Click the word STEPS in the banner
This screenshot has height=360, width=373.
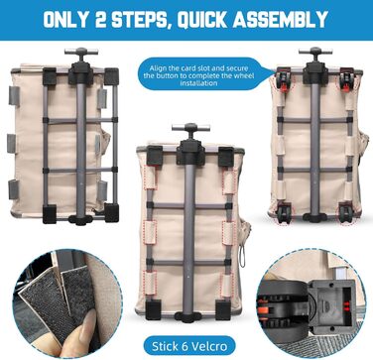tap(142, 20)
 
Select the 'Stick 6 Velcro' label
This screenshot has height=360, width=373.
tap(189, 346)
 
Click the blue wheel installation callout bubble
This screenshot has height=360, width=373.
tap(202, 74)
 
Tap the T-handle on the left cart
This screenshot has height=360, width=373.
tap(81, 53)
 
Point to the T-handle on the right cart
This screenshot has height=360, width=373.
tap(315, 53)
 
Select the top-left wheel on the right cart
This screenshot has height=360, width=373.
tap(284, 79)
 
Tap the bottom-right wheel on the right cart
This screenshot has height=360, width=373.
tap(346, 213)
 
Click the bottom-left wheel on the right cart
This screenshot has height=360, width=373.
tap(284, 213)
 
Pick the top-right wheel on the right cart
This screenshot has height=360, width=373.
tap(346, 79)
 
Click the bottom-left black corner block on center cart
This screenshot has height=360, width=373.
tap(153, 309)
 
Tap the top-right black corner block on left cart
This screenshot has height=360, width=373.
tap(111, 76)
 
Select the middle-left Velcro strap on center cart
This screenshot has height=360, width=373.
tap(150, 232)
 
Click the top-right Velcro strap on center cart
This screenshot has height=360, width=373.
tap(229, 182)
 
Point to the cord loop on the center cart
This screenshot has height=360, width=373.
tap(243, 259)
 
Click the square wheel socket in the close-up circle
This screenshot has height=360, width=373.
tap(334, 305)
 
